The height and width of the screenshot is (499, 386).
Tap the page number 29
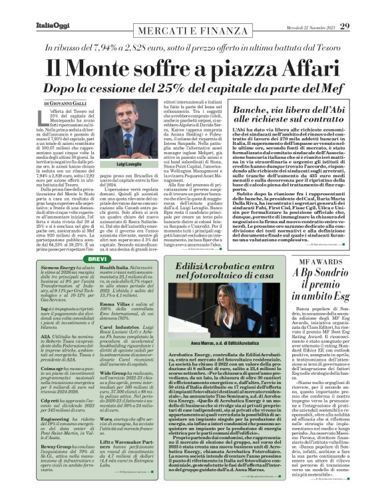pos(363,9)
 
